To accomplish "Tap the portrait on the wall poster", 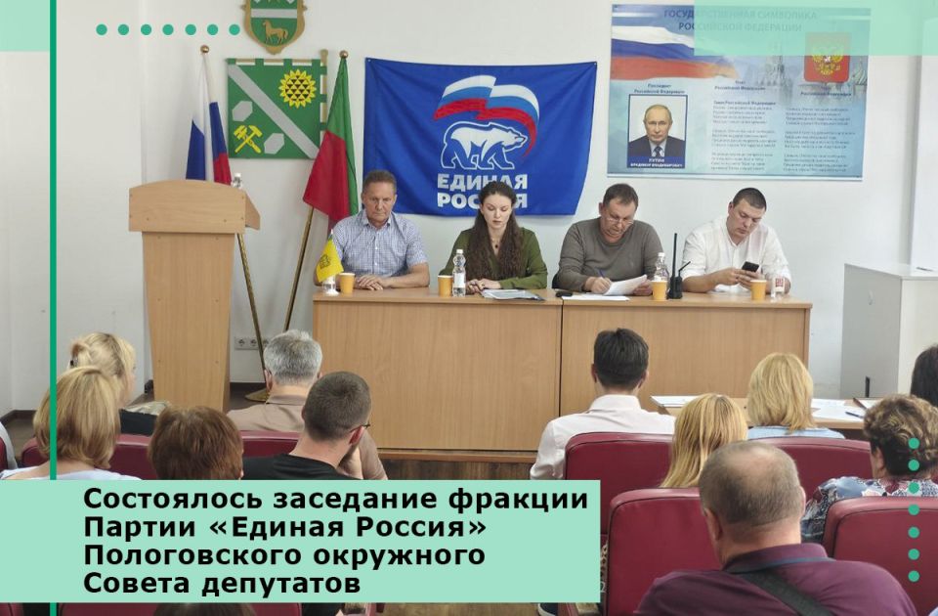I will [x=657, y=128].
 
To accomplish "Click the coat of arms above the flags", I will [x=275, y=25].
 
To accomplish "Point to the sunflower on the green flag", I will [x=297, y=88].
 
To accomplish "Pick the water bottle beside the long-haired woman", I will [x=459, y=273].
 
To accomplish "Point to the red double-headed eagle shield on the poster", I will [x=826, y=58].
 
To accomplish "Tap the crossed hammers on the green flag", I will [x=247, y=138].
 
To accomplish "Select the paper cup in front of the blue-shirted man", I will [x=347, y=283].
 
